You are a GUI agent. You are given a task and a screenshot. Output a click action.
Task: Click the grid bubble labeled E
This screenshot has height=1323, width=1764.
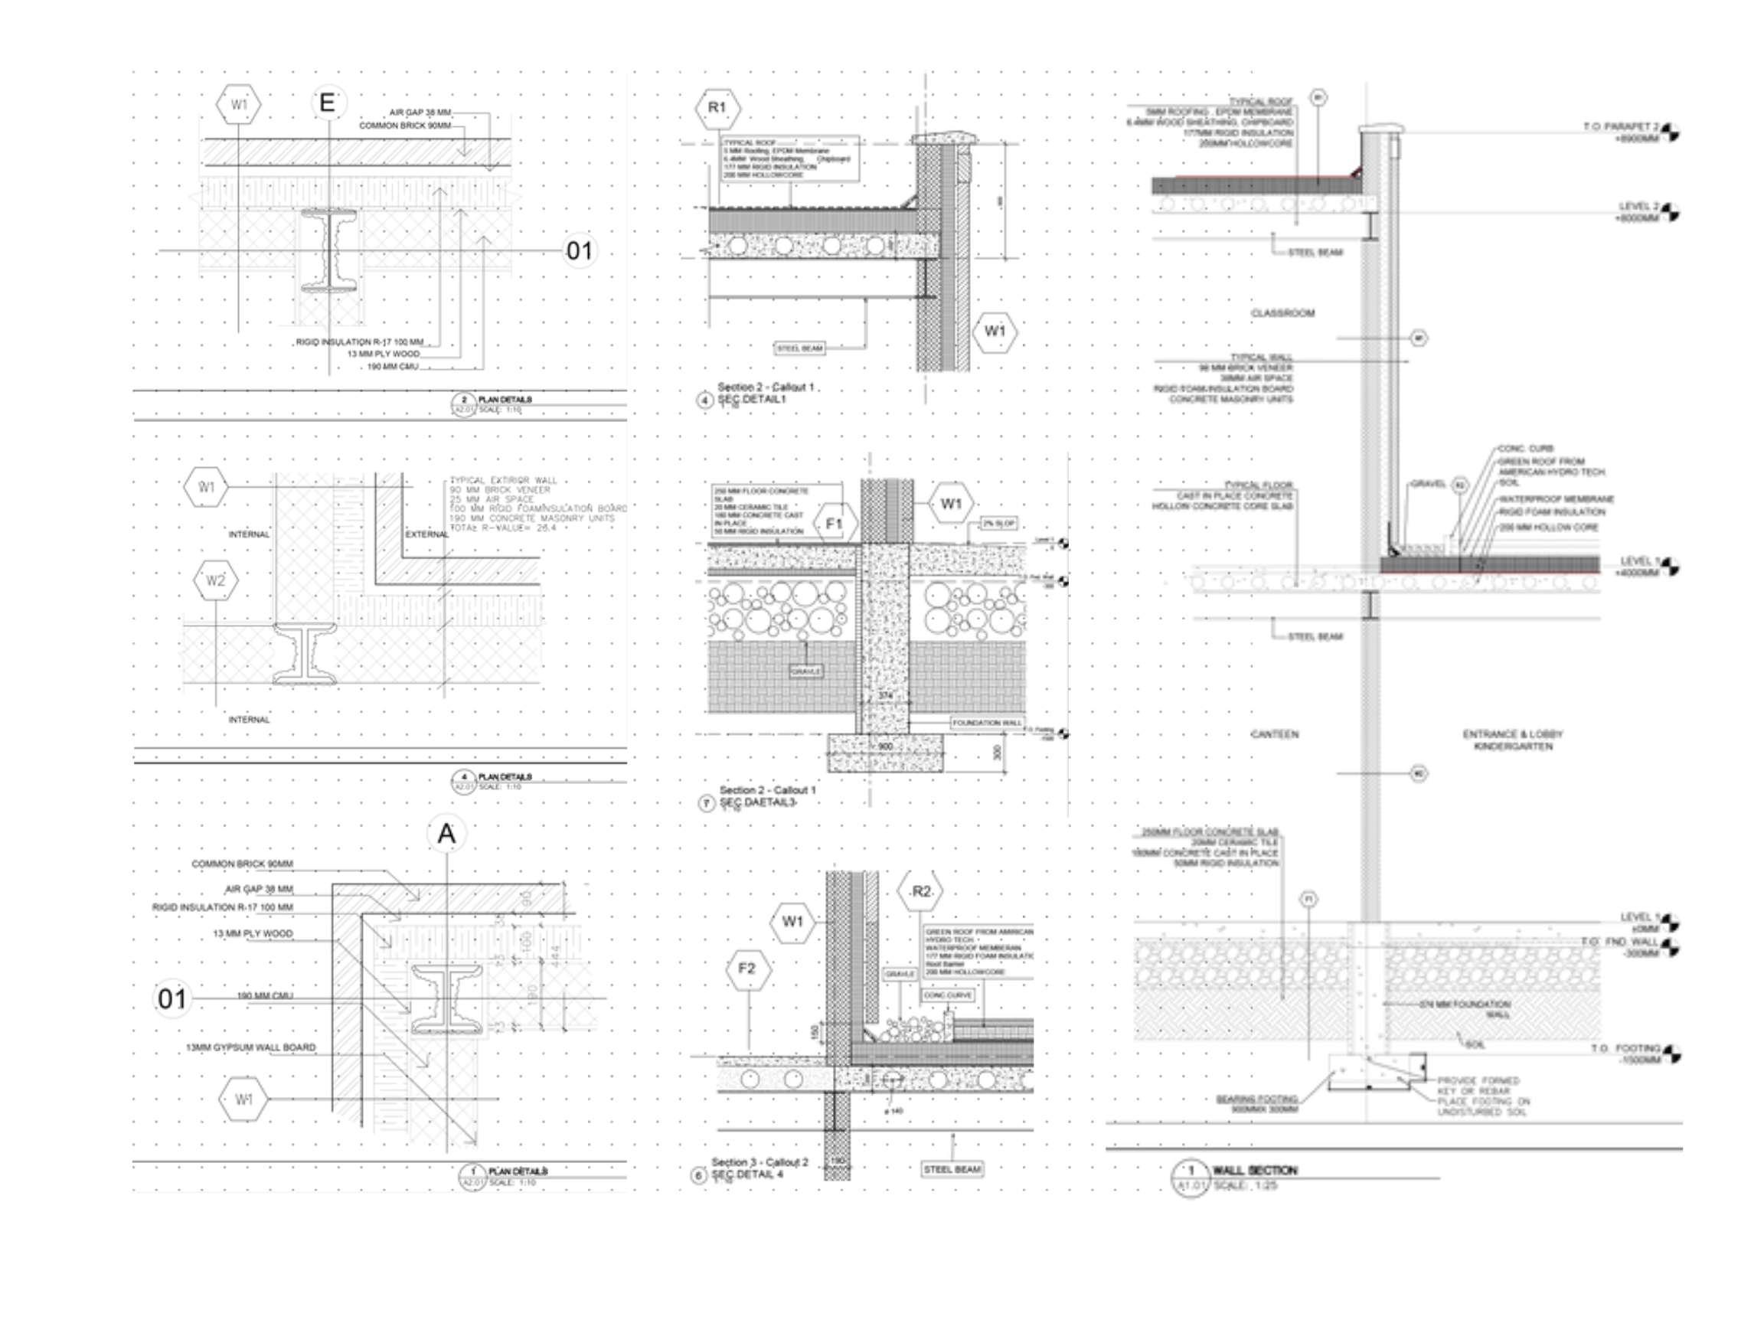coord(328,103)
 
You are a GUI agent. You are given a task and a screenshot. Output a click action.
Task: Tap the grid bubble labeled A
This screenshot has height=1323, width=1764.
coord(446,835)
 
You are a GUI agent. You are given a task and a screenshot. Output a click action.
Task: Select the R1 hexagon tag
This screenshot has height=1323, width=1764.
coord(717,107)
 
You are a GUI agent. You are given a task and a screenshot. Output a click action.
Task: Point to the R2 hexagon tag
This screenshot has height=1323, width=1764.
coord(921,891)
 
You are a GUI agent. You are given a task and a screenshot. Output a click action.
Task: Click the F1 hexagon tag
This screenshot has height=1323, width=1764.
coord(835,524)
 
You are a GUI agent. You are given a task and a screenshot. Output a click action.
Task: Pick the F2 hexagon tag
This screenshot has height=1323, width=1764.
coord(746,969)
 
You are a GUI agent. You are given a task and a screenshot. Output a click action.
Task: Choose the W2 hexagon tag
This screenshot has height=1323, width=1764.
coord(215,580)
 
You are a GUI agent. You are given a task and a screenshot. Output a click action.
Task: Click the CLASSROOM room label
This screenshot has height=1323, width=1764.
coord(1282,313)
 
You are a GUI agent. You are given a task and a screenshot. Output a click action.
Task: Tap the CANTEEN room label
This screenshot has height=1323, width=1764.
coord(1273,733)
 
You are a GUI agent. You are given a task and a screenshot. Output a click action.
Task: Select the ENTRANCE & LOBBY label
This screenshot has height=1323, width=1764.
coord(1513,733)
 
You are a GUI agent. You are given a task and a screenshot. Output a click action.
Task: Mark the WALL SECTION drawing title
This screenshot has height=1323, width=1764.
coord(1254,1170)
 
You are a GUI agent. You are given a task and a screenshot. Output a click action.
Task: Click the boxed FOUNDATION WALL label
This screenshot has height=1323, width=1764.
coord(987,723)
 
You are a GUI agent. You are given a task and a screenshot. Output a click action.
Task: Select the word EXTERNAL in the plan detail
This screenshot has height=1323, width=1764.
coord(426,534)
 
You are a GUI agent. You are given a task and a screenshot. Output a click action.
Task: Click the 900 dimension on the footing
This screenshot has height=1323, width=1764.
coord(885,746)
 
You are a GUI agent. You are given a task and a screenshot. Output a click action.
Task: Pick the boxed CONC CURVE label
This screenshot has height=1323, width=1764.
coord(946,995)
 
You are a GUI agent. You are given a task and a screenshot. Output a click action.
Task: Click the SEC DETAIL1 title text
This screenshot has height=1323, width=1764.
coord(752,399)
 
